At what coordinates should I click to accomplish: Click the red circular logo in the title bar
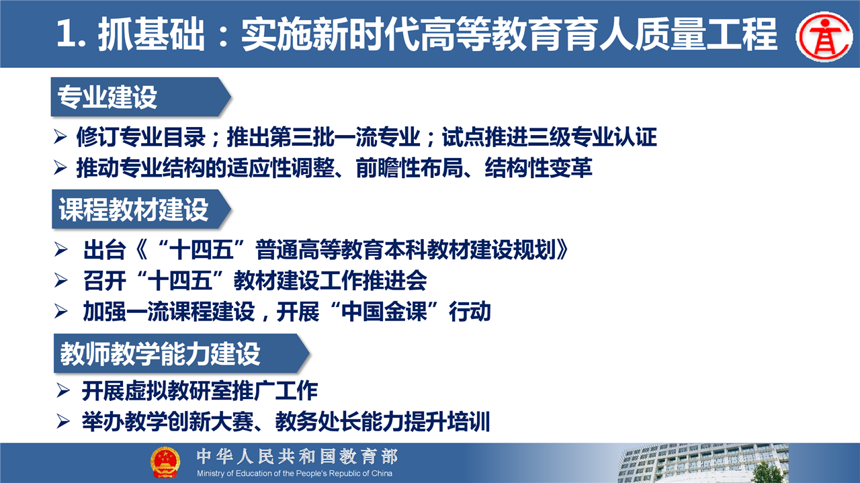click(x=824, y=36)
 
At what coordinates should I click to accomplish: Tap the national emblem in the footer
click(x=165, y=463)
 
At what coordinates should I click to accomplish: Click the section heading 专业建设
click(x=107, y=97)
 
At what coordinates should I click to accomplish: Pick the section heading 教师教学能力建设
click(x=160, y=353)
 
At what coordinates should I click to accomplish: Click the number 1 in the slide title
click(x=66, y=34)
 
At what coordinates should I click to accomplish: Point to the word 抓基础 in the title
click(x=151, y=34)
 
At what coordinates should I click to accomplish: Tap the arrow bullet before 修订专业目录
click(x=60, y=137)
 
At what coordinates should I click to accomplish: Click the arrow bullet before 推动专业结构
click(x=60, y=168)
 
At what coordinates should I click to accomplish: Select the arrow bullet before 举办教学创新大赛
click(x=63, y=422)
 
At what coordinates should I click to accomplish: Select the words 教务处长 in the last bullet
click(x=318, y=422)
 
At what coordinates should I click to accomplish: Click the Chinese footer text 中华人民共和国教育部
click(x=298, y=457)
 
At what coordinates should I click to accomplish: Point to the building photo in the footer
click(x=703, y=463)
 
